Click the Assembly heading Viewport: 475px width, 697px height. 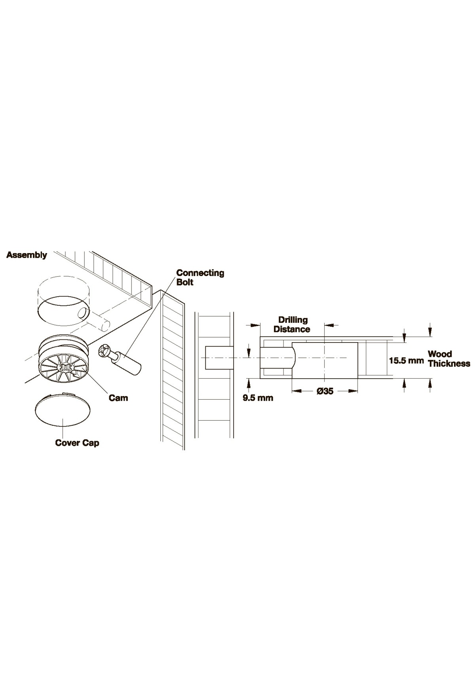pyautogui.click(x=27, y=255)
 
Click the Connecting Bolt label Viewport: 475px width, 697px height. pyautogui.click(x=200, y=277)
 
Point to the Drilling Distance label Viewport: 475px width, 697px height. pyautogui.click(x=292, y=324)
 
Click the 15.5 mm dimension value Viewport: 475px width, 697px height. pyautogui.click(x=407, y=361)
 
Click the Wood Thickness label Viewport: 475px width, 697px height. pyautogui.click(x=449, y=358)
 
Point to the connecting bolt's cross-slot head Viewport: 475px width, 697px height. pyautogui.click(x=105, y=352)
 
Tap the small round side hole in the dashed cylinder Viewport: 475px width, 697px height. pyautogui.click(x=84, y=314)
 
